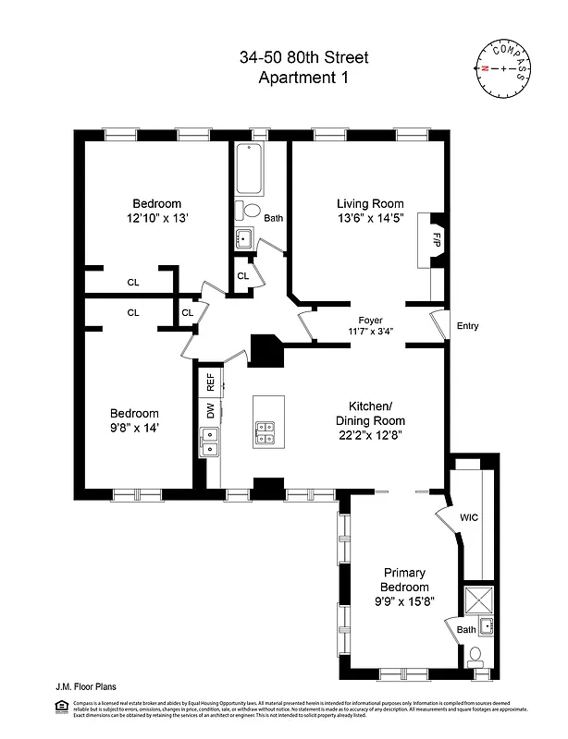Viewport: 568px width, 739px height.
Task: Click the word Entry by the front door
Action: (468, 326)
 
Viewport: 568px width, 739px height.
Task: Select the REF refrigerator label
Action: (210, 379)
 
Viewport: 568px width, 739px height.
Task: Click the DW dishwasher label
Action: (210, 409)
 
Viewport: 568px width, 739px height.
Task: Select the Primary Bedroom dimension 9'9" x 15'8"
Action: (404, 601)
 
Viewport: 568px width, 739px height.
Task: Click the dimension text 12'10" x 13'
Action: (156, 218)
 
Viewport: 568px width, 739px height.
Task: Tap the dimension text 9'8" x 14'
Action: (135, 428)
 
